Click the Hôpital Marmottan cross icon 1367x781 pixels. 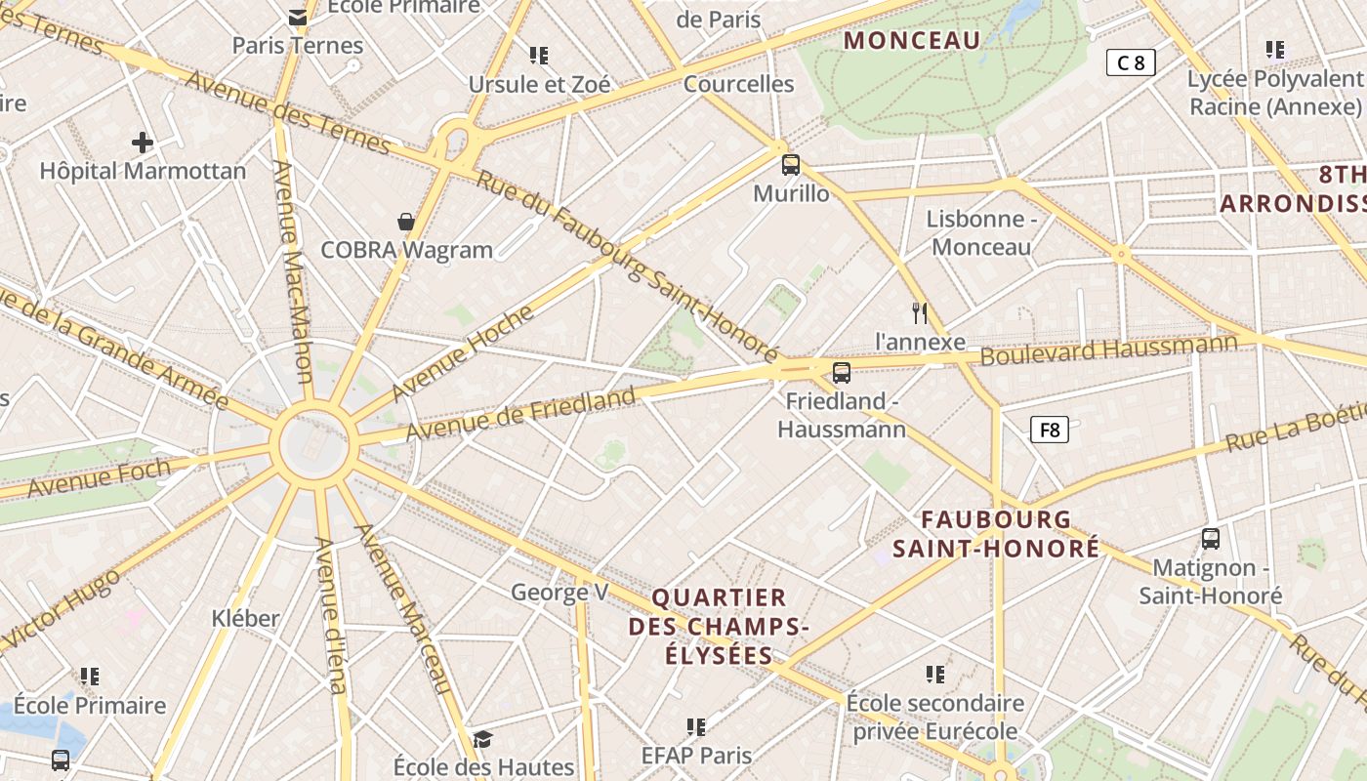[143, 143]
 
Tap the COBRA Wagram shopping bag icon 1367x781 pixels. [406, 223]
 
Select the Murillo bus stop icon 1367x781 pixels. [791, 165]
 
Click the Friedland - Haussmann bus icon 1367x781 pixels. [842, 372]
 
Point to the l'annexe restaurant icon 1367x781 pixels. [919, 312]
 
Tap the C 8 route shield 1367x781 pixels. [1131, 63]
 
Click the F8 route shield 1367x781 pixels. [1050, 430]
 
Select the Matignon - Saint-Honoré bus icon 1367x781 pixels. [1211, 538]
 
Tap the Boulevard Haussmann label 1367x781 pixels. [1108, 349]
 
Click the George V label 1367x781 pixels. [559, 592]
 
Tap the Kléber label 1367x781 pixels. [245, 618]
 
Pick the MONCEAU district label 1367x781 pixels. [911, 41]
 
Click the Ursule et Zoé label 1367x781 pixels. [540, 85]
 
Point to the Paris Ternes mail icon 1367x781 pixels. [298, 17]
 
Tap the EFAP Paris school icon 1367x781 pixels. [696, 726]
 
